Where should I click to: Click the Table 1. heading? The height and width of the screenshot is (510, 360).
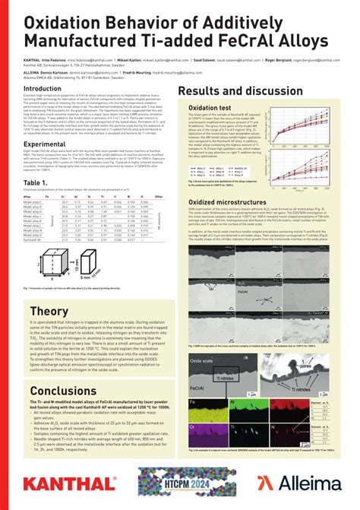coord(36,182)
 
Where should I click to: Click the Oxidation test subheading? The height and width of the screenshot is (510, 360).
coord(209,109)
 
